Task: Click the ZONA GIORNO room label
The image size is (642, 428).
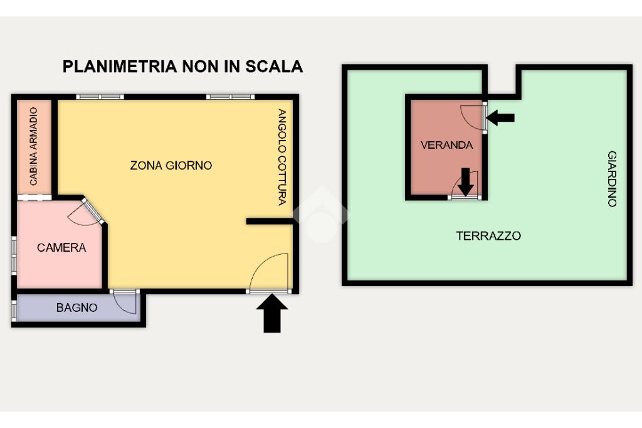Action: coord(171,165)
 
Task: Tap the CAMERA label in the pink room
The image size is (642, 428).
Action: coord(61,248)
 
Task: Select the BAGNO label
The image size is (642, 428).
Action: coord(77,308)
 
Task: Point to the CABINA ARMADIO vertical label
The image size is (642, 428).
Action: coord(34,146)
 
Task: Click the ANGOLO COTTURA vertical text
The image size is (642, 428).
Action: coord(282,157)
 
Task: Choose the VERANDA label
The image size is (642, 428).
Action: coord(446,145)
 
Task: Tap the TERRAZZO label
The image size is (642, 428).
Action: coord(488,236)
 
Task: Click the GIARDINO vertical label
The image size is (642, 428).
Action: coord(612,179)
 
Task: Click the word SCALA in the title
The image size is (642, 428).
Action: coord(274,67)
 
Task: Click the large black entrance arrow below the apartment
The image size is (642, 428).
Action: coord(272,313)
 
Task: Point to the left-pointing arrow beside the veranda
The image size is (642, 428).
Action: coord(500,117)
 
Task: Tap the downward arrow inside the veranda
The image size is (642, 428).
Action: coord(466,181)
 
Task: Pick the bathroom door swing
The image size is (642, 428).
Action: coord(125,304)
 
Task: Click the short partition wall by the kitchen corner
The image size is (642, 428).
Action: coord(270,222)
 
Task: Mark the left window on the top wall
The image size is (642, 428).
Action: coord(100,97)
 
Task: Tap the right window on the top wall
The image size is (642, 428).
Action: coord(231,97)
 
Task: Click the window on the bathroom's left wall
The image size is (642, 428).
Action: coord(14,311)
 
